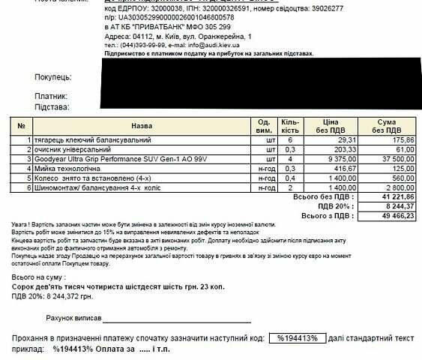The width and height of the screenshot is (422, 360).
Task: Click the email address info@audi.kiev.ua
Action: pyautogui.click(x=214, y=45)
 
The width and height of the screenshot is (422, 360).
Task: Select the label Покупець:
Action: pyautogui.click(x=52, y=77)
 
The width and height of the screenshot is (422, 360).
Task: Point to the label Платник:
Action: pyautogui.click(x=51, y=96)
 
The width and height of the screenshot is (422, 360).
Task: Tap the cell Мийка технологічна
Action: pyautogui.click(x=65, y=169)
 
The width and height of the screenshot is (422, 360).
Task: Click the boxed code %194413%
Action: pyautogui.click(x=298, y=338)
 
